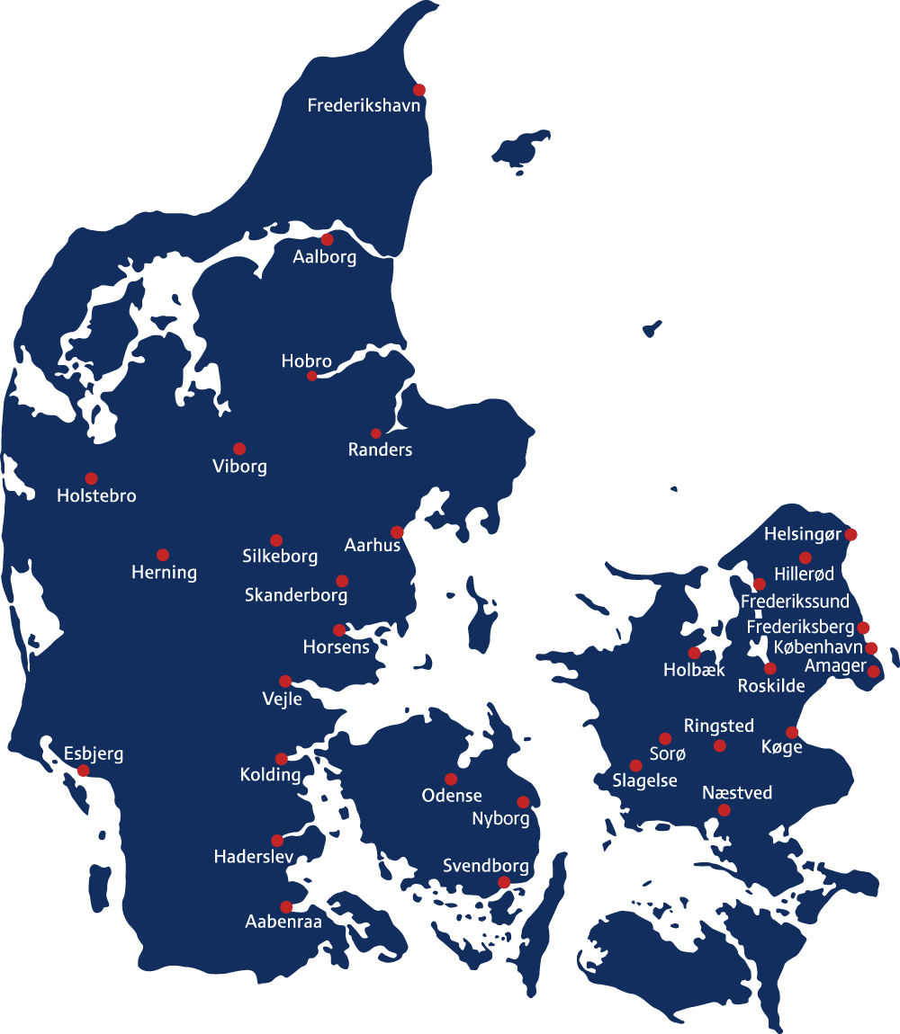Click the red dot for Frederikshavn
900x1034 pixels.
[419, 90]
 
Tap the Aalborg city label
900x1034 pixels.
[325, 257]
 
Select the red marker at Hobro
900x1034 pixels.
[312, 376]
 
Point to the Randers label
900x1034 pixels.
[380, 450]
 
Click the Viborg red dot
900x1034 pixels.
[239, 449]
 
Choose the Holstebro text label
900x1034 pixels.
[96, 495]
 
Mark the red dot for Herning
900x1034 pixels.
[163, 555]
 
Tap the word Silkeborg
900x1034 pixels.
[280, 557]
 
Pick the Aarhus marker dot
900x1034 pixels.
[397, 532]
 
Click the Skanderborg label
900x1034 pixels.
[296, 595]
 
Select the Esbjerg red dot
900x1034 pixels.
[84, 771]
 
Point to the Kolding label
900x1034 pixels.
[271, 774]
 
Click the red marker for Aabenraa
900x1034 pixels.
[286, 907]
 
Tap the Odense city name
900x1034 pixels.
[452, 796]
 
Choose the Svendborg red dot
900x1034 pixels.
[504, 883]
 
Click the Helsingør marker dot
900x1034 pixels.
[851, 535]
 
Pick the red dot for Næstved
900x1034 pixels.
[724, 810]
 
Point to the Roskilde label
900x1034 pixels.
[771, 686]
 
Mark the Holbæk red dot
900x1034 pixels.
[694, 653]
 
